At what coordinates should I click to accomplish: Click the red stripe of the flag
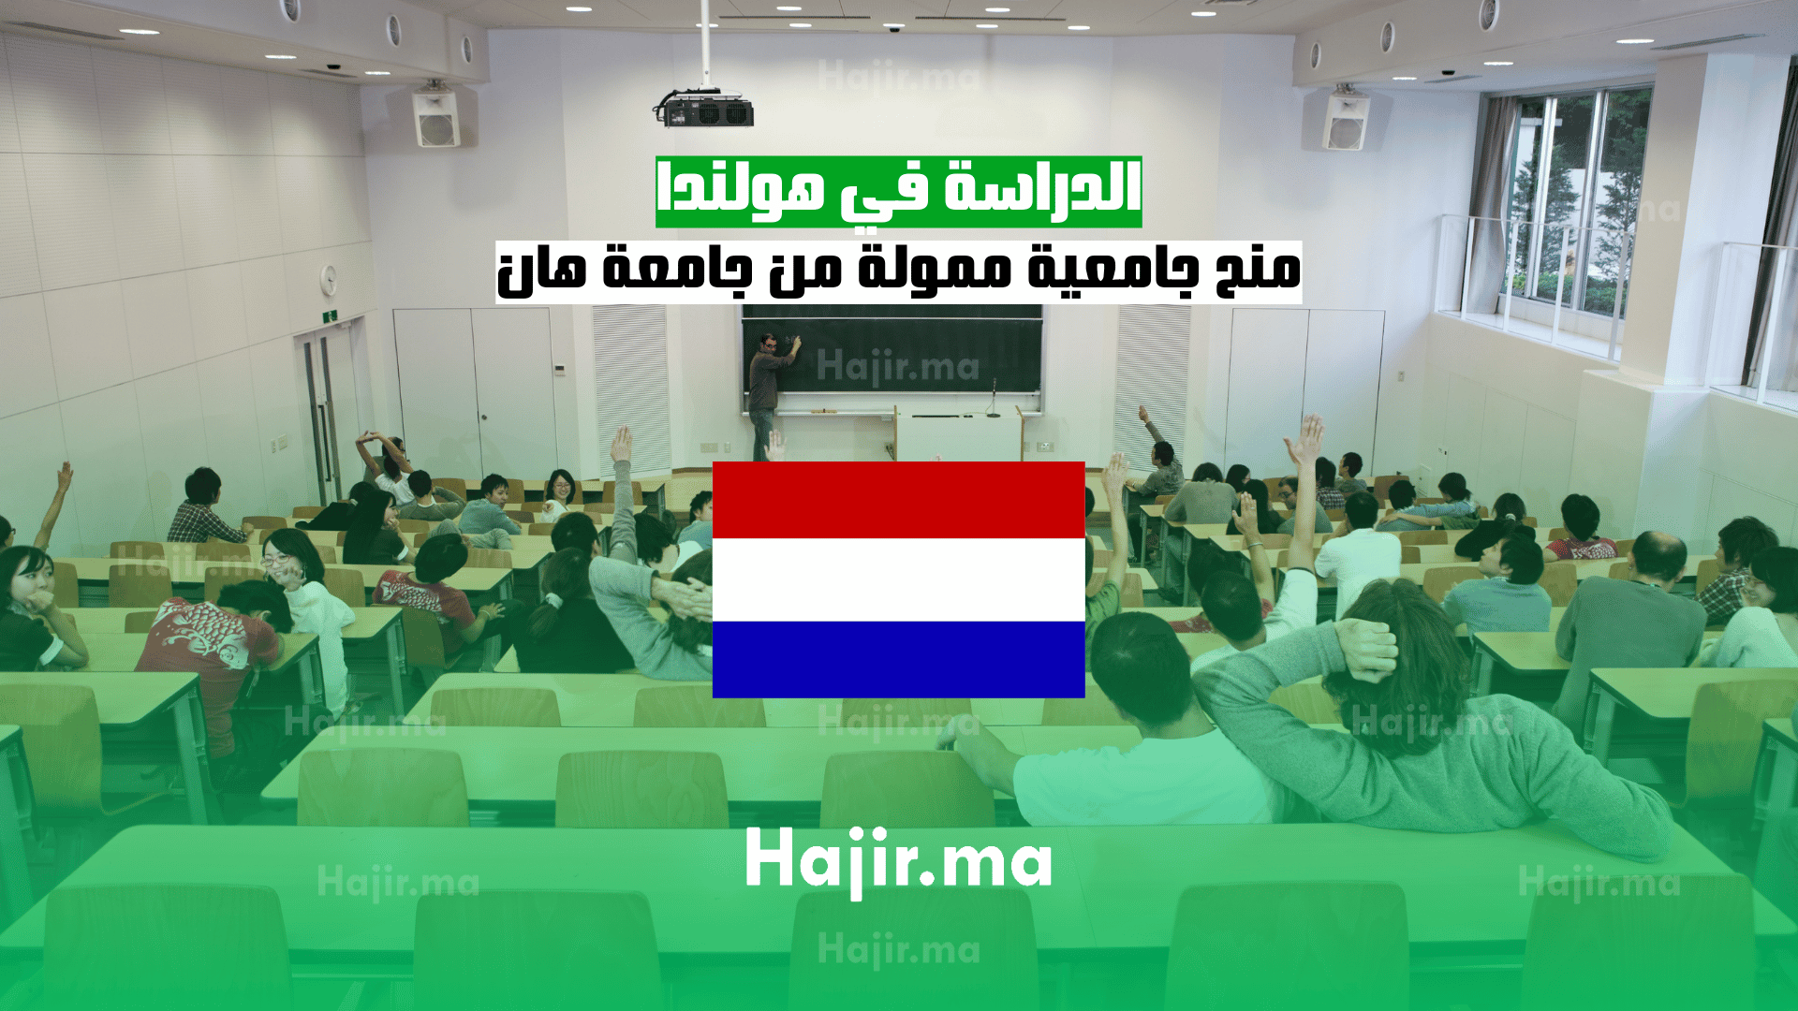coord(899,500)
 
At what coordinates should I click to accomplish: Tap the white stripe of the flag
coord(899,579)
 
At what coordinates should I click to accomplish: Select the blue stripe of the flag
coord(899,659)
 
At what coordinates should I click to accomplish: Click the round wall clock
coord(329,278)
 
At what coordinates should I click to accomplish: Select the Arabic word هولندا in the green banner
coord(741,188)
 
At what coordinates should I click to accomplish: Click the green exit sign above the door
coord(329,316)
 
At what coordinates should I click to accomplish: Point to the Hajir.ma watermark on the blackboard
coord(897,366)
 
